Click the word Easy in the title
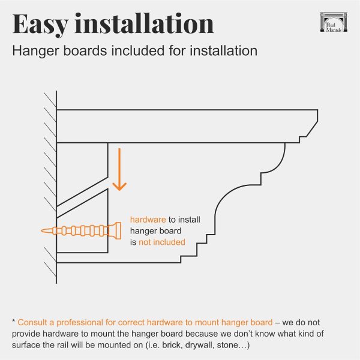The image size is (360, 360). [40, 25]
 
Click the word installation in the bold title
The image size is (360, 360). [144, 23]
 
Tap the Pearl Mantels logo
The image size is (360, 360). [334, 22]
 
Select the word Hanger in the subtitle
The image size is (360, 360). [36, 51]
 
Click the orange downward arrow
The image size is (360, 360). [119, 169]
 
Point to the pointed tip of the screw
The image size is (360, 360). [41, 231]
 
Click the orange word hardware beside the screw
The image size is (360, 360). [148, 220]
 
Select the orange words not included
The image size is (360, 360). [162, 242]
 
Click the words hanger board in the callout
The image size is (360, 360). [155, 231]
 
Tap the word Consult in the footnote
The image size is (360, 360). [33, 322]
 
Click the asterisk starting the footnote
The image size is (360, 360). [14, 320]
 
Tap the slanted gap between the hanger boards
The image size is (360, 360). [82, 197]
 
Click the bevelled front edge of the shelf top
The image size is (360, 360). [312, 129]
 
